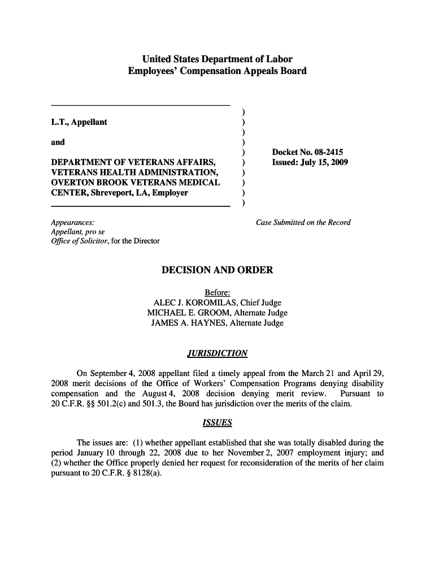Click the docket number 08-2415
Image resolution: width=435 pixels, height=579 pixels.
(x=325, y=152)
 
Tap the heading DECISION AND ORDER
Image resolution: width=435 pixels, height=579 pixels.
(x=217, y=270)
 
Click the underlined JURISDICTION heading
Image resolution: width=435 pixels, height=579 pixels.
(x=217, y=353)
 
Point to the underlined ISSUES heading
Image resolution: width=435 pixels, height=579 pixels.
(x=217, y=423)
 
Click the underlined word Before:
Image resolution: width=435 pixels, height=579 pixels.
(x=217, y=293)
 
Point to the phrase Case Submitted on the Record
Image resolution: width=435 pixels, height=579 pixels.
(x=303, y=222)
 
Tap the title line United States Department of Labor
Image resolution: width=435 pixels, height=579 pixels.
(x=217, y=59)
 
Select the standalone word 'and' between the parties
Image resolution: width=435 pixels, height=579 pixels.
(x=58, y=142)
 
